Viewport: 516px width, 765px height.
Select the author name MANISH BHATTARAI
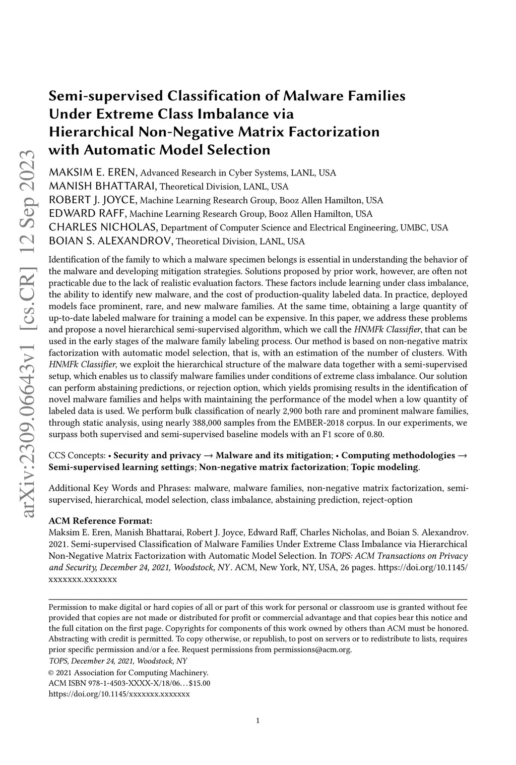click(102, 187)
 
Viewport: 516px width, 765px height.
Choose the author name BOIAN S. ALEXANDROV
click(110, 241)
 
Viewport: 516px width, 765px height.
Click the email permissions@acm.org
click(312, 650)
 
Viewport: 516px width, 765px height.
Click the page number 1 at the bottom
click(258, 735)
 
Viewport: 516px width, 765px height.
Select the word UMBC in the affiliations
click(414, 228)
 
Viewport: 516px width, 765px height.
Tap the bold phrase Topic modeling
click(384, 467)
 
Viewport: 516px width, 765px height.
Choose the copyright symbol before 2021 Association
click(51, 673)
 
